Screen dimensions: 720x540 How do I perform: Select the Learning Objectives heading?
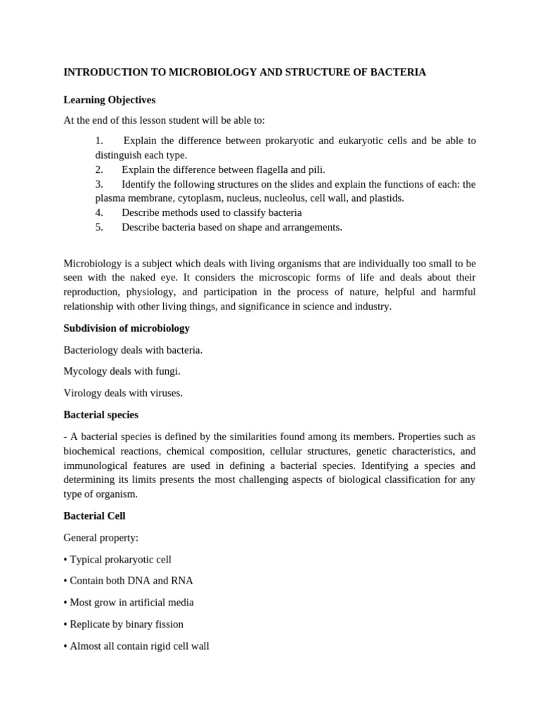(x=109, y=100)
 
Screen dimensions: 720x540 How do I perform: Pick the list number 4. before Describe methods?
(x=99, y=212)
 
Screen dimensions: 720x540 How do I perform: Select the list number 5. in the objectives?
(x=99, y=227)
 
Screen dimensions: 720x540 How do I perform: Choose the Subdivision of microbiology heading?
(x=127, y=328)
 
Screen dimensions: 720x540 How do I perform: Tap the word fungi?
(x=166, y=371)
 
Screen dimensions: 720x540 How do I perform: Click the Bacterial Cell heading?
(x=94, y=516)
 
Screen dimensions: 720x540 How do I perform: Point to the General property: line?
(x=101, y=538)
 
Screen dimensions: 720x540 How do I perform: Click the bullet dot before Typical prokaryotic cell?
(x=65, y=560)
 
